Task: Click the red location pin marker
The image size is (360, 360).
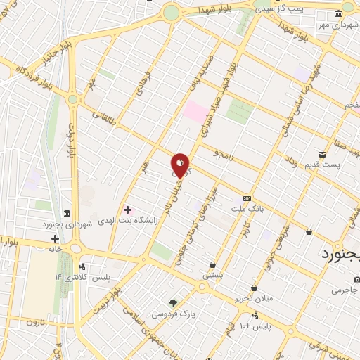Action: tap(180, 165)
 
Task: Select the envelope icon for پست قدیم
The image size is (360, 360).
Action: tap(322, 154)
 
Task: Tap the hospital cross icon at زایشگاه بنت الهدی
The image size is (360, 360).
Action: tap(127, 210)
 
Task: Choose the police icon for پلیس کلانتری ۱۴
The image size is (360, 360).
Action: tap(84, 266)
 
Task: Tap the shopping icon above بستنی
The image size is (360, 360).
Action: tap(212, 265)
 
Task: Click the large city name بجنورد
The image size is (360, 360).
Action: tap(340, 253)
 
